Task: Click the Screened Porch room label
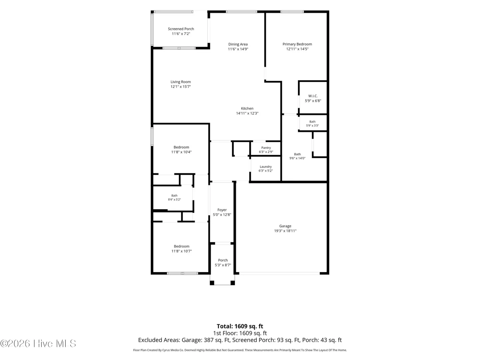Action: coord(181,29)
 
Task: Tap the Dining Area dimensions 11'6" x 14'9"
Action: coord(238,49)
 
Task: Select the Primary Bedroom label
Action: coord(297,44)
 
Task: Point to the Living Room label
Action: coord(181,82)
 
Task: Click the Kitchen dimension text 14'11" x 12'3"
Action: coord(247,113)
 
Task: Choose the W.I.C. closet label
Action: coord(313,96)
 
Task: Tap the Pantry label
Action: coord(266,148)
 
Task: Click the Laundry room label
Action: coord(266,167)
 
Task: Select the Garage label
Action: coord(285,226)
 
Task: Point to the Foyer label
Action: coord(222,210)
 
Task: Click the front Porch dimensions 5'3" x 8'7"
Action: coord(223,265)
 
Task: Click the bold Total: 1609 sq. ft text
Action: coord(240,326)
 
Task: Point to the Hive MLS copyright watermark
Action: coord(38,344)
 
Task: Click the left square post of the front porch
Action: coord(212,283)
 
